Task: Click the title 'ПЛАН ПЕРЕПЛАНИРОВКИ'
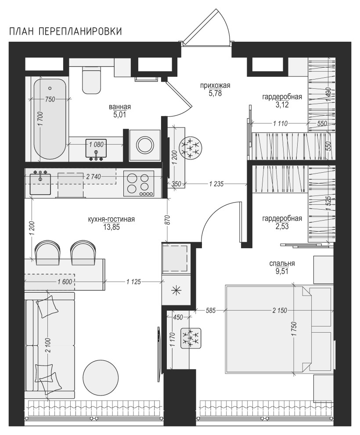66,31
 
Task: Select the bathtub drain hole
50,88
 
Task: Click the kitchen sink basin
40,184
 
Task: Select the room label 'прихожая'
215,86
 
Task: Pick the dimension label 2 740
93,177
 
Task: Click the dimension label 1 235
216,184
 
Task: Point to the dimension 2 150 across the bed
279,311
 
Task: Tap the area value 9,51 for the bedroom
282,271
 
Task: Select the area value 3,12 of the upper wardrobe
282,105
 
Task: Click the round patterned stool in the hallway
191,148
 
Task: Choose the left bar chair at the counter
47,252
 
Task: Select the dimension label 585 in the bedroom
211,311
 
